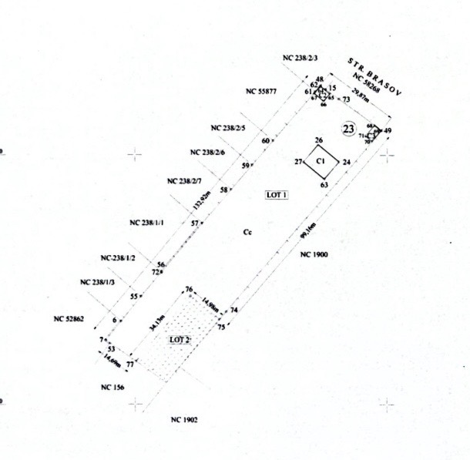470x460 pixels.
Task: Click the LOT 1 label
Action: pos(276,195)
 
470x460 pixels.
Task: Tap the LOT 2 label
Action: pos(180,340)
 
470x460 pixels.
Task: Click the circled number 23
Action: pos(350,129)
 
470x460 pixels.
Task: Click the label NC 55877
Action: pos(261,91)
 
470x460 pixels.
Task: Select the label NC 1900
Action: pos(314,254)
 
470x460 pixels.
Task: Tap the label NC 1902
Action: pos(185,420)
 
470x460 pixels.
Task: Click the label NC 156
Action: pos(113,386)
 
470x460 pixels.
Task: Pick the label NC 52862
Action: pos(69,318)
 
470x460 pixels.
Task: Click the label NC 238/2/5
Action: pos(228,128)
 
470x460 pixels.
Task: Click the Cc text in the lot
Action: pos(247,231)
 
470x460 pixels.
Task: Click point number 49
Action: pos(388,130)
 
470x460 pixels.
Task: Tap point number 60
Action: pos(266,141)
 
